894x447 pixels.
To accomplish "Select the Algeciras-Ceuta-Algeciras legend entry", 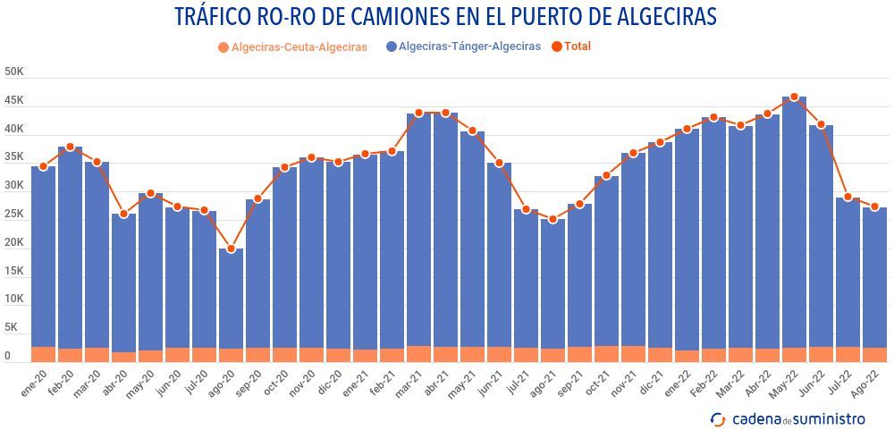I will click(x=291, y=46).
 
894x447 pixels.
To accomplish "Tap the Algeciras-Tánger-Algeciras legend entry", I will click(x=462, y=46).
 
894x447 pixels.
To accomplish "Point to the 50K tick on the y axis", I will click(x=13, y=72).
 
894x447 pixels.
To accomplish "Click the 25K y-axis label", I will click(x=13, y=214).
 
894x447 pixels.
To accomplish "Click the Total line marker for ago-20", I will click(x=231, y=249).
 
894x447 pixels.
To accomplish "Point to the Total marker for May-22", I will click(x=794, y=97).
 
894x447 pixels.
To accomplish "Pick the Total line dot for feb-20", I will click(x=70, y=147).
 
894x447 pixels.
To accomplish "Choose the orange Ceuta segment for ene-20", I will click(x=43, y=354).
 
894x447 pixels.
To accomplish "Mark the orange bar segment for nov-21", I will click(x=633, y=354).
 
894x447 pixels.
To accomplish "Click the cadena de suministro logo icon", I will click(x=717, y=418).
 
